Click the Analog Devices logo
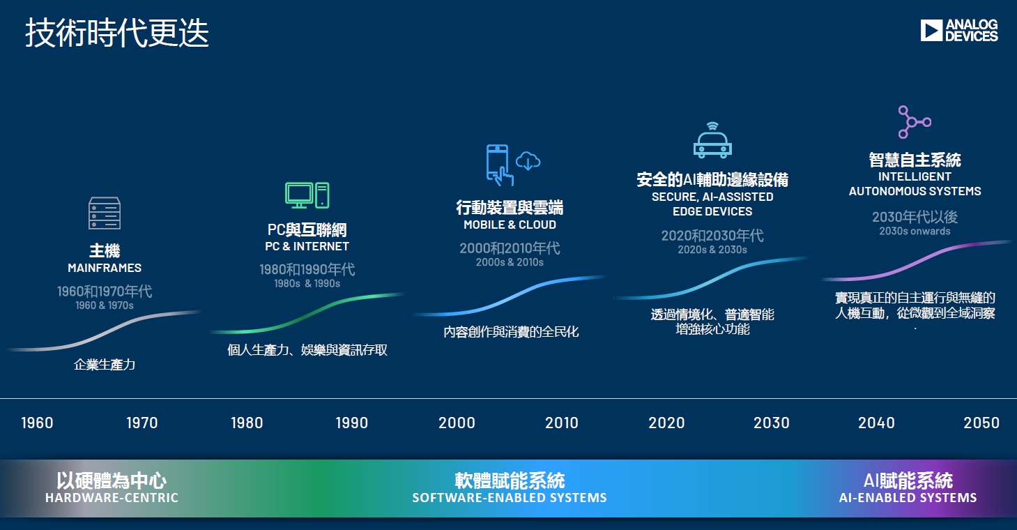[x=959, y=31]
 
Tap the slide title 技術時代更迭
[x=117, y=33]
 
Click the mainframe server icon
[x=105, y=213]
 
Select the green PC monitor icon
[x=299, y=195]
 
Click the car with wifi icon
[x=712, y=140]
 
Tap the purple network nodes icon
[x=915, y=122]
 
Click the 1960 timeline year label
[x=37, y=423]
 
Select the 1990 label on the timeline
[x=351, y=423]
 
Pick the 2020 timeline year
[x=666, y=423]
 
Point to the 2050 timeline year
[x=981, y=423]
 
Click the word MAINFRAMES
[x=105, y=268]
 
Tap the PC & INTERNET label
[x=307, y=246]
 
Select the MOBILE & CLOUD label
[x=510, y=225]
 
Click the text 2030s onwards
[x=915, y=231]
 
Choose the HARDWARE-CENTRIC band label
[x=112, y=498]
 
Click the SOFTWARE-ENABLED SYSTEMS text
[x=510, y=498]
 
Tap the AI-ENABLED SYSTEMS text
[x=908, y=498]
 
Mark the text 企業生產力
[x=105, y=364]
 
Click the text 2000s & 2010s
[x=510, y=262]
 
